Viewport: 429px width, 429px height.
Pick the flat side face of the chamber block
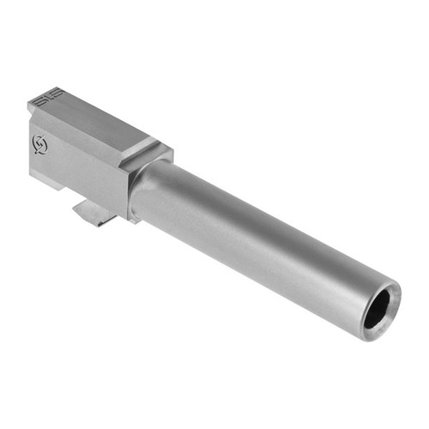[77, 167]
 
